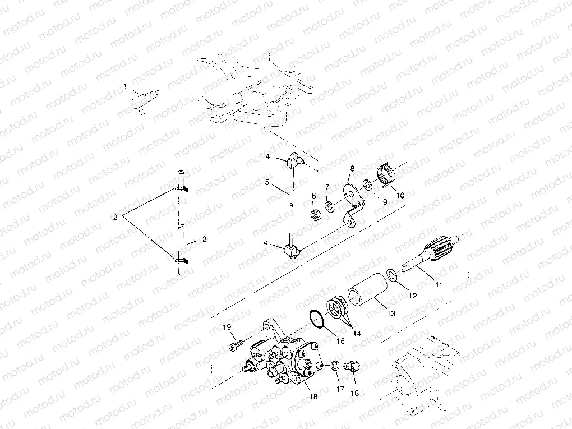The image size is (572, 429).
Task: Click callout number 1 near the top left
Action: pos(126,85)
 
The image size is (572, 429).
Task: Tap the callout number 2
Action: pos(115,216)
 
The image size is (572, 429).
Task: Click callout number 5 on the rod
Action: pos(267,182)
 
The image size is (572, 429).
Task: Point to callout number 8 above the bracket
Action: pos(352,168)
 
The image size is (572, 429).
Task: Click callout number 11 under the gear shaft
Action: pos(439,285)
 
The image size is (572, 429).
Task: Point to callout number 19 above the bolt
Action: pos(228,326)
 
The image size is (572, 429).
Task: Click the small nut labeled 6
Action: pos(316,214)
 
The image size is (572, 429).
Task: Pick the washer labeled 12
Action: pos(393,274)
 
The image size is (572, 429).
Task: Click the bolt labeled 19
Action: pos(236,346)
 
